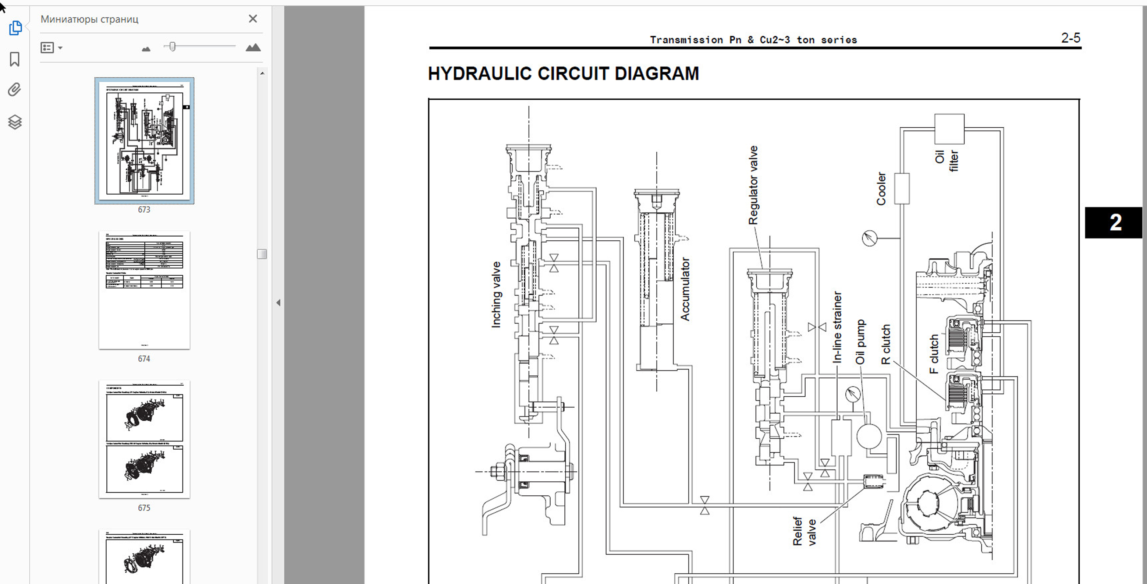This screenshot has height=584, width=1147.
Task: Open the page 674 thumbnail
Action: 144,290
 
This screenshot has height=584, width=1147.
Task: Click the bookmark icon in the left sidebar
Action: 15,59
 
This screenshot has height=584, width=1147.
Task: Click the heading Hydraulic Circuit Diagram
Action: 563,74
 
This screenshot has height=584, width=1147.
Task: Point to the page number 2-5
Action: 1070,38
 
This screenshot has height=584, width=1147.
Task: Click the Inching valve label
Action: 496,295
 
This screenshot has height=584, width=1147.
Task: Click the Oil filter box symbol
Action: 949,129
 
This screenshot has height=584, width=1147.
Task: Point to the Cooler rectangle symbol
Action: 902,188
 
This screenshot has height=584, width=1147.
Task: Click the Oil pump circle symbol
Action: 869,436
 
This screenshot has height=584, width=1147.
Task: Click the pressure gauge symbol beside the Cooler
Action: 870,238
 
